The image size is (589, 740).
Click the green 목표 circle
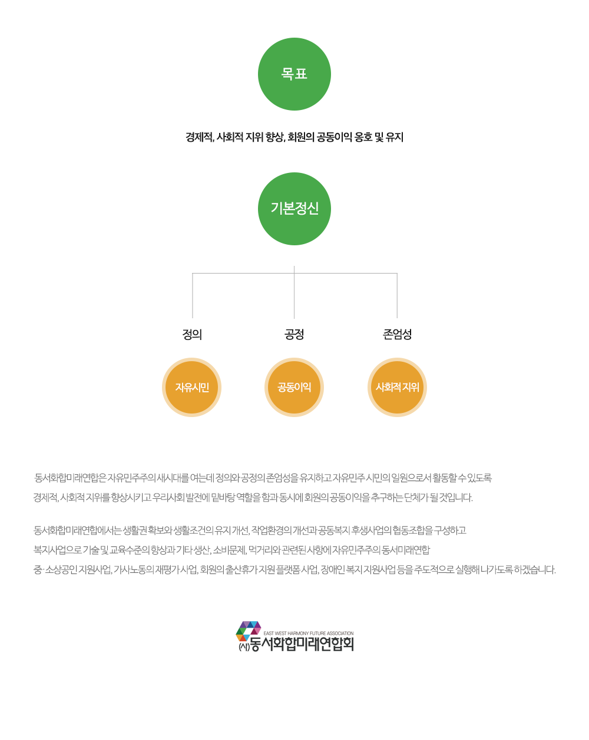(294, 74)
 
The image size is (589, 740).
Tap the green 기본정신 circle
(294, 209)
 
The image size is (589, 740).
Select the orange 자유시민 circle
(192, 388)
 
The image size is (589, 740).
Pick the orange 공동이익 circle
(294, 388)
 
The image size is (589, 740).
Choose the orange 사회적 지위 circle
(398, 388)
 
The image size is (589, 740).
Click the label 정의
(192, 335)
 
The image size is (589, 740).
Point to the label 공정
(294, 335)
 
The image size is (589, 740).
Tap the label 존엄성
(398, 335)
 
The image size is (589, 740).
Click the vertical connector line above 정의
(193, 295)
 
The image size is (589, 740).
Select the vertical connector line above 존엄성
(397, 295)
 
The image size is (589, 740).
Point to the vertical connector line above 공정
(294, 294)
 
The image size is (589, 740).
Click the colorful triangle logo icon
(249, 630)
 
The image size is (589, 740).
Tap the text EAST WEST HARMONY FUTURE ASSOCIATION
(309, 634)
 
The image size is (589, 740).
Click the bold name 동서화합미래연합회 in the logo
(302, 644)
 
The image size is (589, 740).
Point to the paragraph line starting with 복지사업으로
(231, 550)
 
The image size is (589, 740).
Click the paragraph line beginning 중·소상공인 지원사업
(294, 569)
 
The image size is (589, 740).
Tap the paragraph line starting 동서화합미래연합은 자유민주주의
(263, 478)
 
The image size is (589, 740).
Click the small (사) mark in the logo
(244, 646)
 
